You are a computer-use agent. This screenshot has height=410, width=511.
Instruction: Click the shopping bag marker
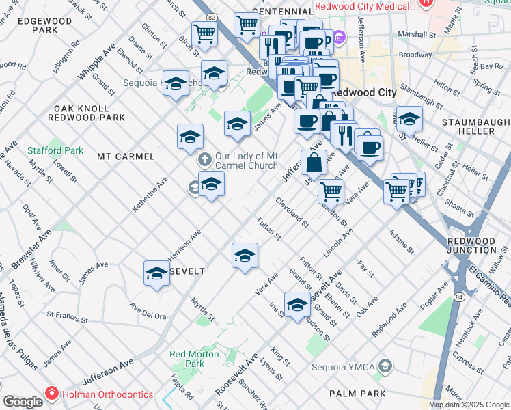314,164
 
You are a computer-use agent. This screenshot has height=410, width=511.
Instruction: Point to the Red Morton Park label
195,359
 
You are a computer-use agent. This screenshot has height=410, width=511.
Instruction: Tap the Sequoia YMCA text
348,367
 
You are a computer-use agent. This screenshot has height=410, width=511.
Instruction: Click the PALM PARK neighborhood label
357,394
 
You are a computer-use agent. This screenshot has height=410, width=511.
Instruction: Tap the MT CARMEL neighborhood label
126,156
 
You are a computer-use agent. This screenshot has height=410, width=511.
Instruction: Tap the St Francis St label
67,317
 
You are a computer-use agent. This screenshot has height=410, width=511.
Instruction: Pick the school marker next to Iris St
297,305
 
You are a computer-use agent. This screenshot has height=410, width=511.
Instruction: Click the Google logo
23,402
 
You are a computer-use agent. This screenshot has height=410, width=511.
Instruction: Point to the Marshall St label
418,33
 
